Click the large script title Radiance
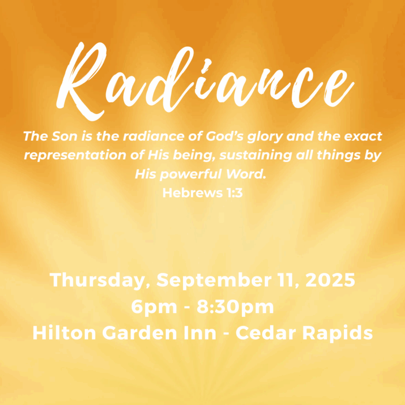[205, 81]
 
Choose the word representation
[75, 156]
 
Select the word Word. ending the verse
[246, 175]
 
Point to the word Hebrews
[192, 192]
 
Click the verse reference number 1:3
[235, 193]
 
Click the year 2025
[330, 280]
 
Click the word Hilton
[64, 333]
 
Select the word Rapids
[337, 334]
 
